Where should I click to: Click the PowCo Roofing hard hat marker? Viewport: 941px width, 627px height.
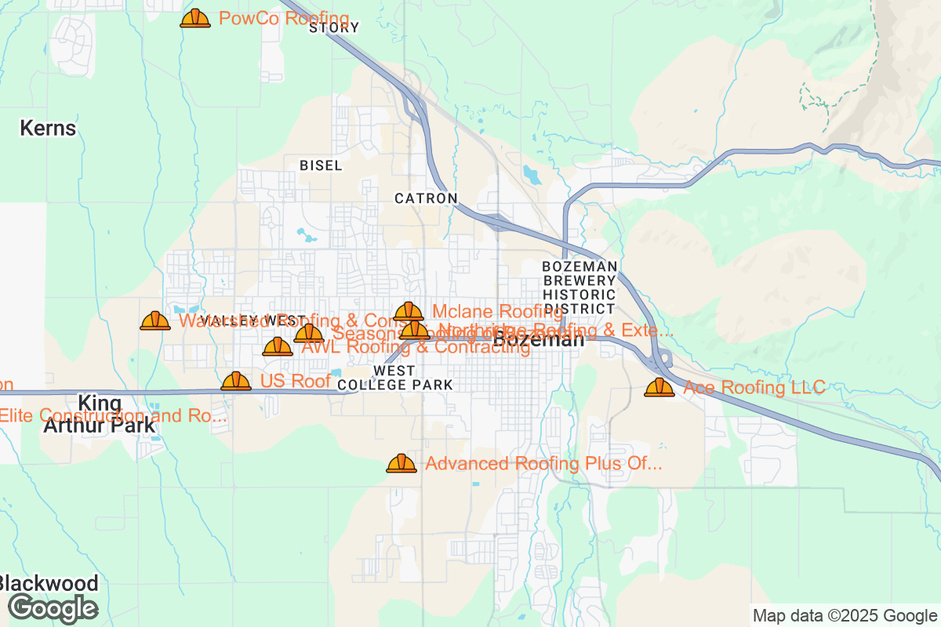195,19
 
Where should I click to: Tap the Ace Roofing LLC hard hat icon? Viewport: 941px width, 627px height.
659,387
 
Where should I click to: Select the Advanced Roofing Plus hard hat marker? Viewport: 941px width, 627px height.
401,464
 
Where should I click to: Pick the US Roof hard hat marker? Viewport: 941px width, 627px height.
236,382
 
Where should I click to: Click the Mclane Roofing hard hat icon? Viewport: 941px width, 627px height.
409,312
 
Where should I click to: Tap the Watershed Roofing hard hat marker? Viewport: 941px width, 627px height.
155,321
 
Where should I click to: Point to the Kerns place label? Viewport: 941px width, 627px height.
48,129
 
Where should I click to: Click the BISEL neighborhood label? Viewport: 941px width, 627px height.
321,166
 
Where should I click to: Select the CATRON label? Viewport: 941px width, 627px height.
426,198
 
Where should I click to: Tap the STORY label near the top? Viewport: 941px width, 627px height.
334,28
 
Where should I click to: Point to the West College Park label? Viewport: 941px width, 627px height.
395,378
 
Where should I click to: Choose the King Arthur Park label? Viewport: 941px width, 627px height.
100,415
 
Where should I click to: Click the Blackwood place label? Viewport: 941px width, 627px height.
49,584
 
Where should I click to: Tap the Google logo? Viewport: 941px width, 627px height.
53,608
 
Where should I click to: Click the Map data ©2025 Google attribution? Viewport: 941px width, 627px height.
845,615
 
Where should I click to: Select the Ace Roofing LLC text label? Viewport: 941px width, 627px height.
754,387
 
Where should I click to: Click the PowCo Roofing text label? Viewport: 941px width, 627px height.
284,19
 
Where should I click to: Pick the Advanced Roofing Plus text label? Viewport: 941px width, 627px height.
543,464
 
